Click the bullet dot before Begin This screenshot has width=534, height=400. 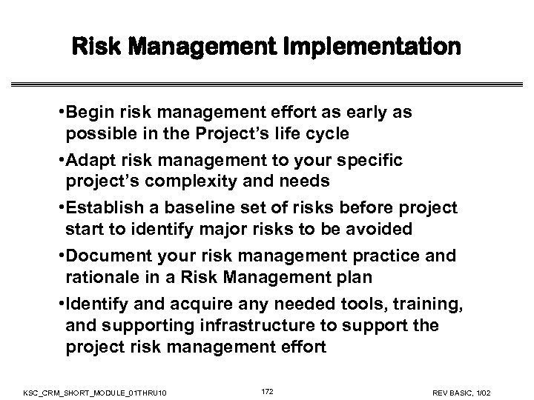pos(59,113)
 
